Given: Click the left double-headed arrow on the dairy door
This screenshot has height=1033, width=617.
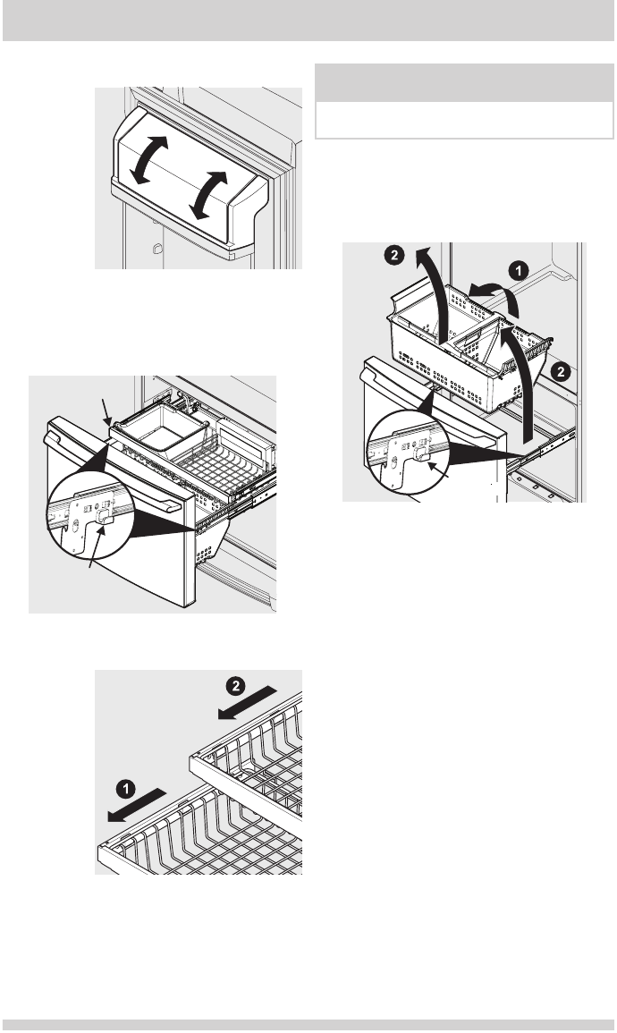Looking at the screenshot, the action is (x=148, y=159).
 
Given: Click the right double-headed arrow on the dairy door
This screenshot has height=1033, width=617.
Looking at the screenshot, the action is (x=208, y=195).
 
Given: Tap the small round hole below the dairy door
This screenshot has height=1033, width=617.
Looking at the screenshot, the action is (x=156, y=249).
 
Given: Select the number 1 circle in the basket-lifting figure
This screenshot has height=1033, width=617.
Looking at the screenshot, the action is (x=519, y=269).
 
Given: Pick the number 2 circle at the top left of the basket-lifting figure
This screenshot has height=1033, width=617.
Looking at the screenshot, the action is (x=393, y=255).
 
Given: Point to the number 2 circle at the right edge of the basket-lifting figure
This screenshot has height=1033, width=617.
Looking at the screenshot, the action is (x=560, y=372).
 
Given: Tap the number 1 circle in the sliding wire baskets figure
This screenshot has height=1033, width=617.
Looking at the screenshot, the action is (x=126, y=788).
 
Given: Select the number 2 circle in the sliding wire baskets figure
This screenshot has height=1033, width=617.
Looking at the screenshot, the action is (x=235, y=686).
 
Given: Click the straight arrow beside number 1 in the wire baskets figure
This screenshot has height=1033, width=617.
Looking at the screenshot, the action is (x=137, y=804).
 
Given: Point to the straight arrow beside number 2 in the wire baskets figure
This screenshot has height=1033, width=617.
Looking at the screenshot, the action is (x=247, y=702).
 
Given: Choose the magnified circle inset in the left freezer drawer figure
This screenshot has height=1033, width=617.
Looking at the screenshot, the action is (x=90, y=515).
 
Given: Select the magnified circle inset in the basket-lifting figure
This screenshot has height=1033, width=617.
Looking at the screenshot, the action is (x=409, y=452).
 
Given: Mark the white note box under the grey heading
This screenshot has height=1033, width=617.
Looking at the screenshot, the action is (x=464, y=120).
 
